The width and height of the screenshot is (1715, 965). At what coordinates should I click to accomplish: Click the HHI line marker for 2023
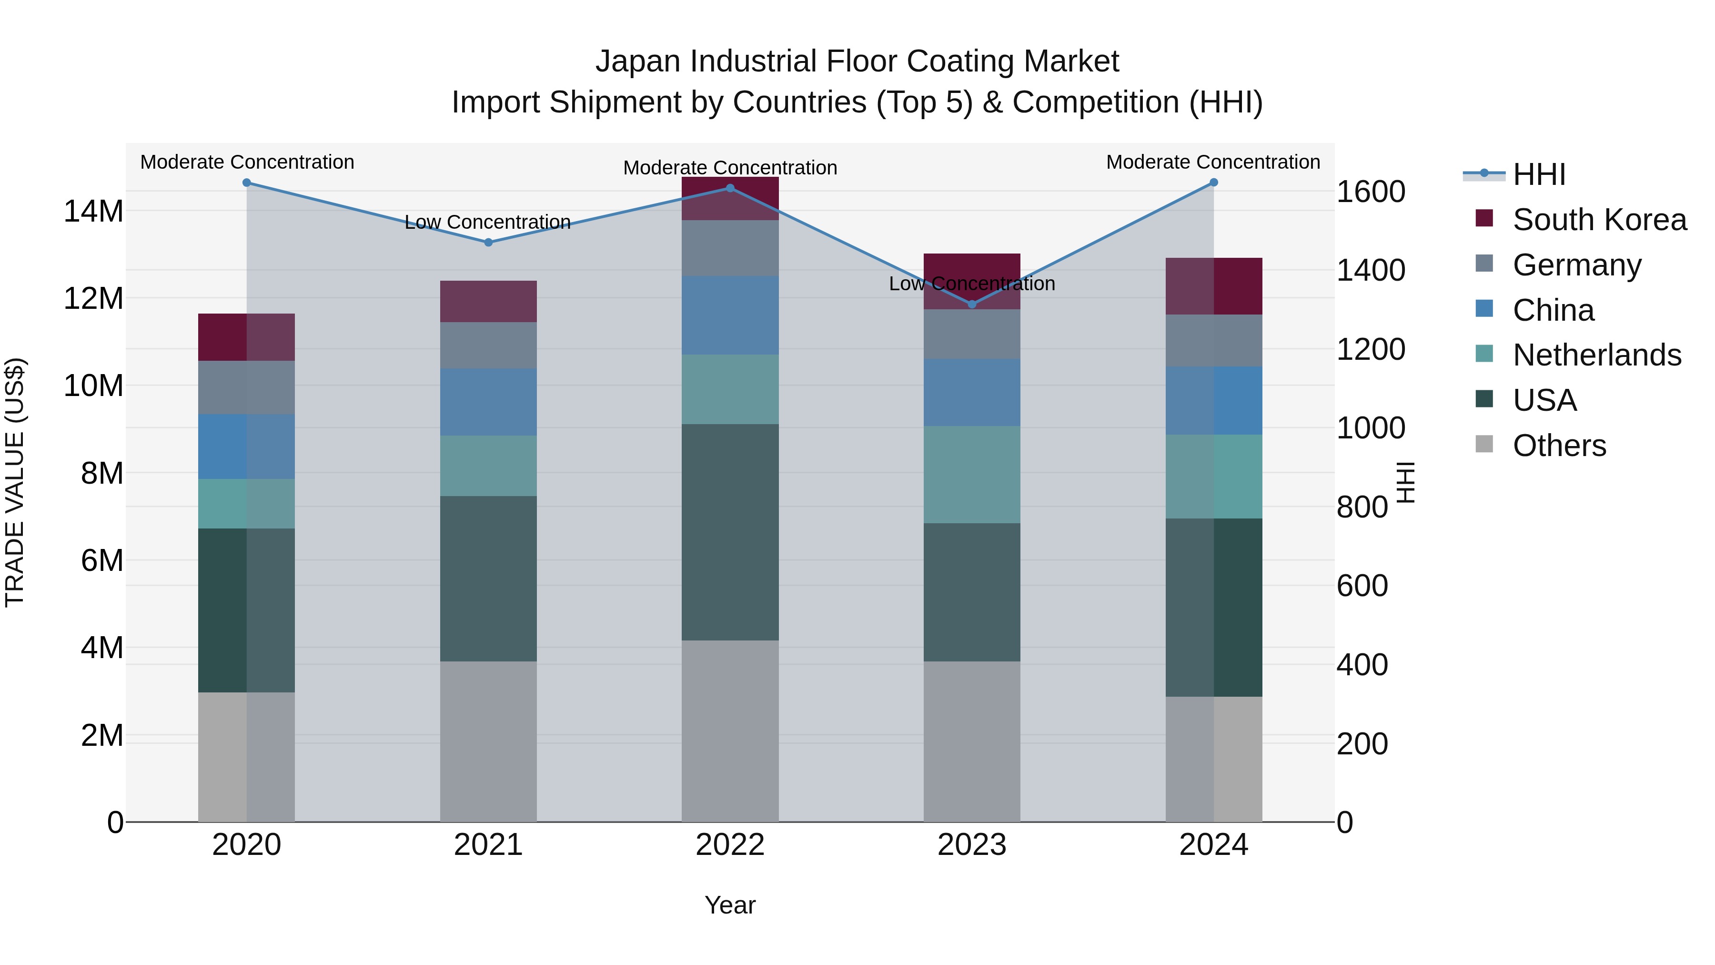(x=971, y=305)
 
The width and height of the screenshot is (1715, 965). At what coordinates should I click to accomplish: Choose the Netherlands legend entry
(x=1596, y=355)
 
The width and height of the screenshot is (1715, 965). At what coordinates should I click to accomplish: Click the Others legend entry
(x=1559, y=446)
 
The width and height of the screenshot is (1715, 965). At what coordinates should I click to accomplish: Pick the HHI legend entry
(x=1539, y=174)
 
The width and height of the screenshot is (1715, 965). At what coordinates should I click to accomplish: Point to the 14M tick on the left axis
(x=93, y=212)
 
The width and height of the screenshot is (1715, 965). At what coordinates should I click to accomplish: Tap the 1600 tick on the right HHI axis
(x=1371, y=192)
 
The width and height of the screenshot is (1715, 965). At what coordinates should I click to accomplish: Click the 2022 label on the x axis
(x=730, y=845)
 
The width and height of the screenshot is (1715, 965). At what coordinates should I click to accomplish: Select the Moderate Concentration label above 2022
(x=730, y=168)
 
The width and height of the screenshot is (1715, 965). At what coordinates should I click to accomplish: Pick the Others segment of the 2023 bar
(x=971, y=741)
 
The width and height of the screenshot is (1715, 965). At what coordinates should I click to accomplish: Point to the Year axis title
(x=730, y=905)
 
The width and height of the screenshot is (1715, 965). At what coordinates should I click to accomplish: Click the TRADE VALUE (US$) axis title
(x=15, y=482)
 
